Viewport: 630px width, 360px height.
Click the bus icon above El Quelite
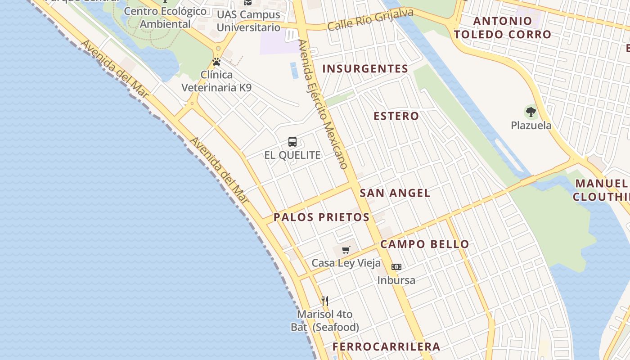coord(292,142)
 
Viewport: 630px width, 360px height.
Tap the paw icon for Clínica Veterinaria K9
coord(216,62)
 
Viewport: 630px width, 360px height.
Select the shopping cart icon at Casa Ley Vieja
coord(346,250)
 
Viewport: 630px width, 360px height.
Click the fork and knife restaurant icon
coord(325,301)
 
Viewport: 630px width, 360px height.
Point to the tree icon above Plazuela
coord(531,112)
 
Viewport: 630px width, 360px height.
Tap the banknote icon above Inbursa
coord(396,267)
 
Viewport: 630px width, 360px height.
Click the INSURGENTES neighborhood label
coord(365,69)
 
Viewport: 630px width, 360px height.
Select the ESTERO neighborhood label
coord(396,116)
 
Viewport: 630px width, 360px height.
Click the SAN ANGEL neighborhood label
coord(395,193)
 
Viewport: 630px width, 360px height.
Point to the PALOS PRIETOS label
coord(321,217)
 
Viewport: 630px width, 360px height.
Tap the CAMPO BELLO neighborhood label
coord(424,244)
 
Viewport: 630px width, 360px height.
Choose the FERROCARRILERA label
coord(386,346)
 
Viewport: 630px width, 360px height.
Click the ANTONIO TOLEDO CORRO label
coord(502,27)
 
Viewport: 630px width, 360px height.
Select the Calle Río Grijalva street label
coord(370,20)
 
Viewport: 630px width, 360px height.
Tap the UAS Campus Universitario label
coord(248,21)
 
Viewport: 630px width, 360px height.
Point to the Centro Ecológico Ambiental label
coord(165,18)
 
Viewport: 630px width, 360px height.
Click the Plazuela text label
coord(531,126)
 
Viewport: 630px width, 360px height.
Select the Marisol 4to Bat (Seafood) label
coord(325,320)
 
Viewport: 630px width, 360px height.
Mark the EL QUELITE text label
coord(292,155)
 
